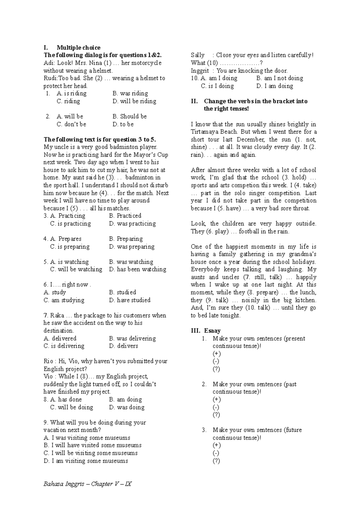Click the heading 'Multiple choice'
78,48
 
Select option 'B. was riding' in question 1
130,94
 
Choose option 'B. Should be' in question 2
130,116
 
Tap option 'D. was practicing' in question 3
132,224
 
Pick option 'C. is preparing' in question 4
70,247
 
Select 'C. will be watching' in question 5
76,269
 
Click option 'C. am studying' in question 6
64,300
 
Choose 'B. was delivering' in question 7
132,338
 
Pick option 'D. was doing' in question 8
127,407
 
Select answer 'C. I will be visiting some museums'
91,453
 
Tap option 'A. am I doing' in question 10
219,78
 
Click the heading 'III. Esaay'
206,331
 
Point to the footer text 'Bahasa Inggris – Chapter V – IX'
87,484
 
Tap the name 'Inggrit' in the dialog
199,71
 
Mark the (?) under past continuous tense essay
216,415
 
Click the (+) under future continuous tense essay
216,445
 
